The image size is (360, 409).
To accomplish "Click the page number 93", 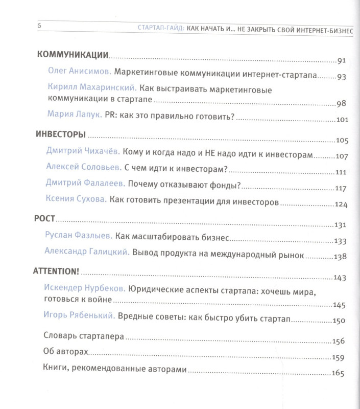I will [x=341, y=77].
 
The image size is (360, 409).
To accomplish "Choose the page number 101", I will [x=340, y=120].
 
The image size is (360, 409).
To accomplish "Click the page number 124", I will [x=340, y=205].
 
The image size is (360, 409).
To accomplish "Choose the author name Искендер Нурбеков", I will [x=84, y=288].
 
